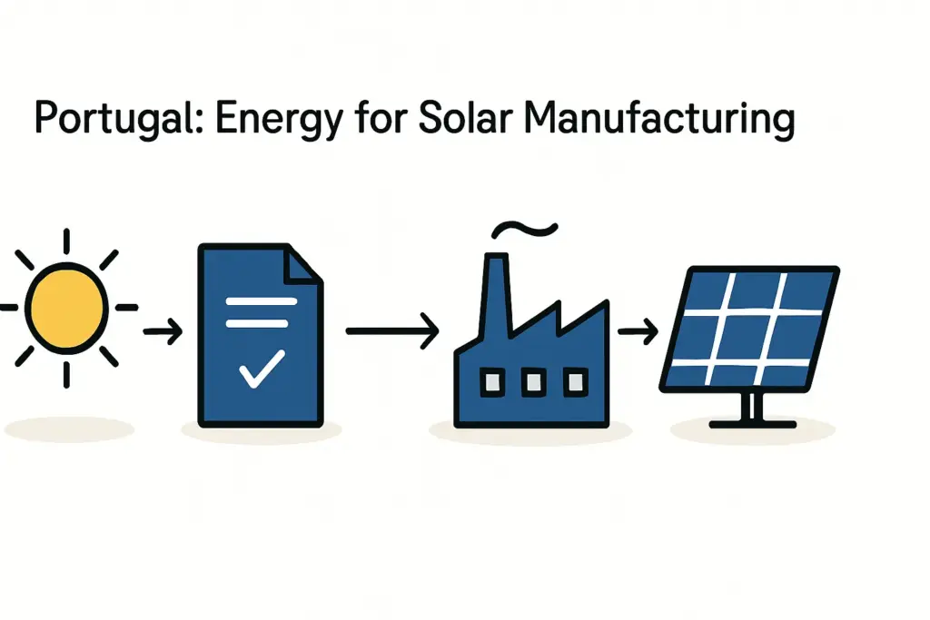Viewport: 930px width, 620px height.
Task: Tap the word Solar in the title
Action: [460, 118]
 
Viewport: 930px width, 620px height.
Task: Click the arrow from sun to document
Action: [163, 333]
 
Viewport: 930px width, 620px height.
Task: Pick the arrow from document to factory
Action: [391, 332]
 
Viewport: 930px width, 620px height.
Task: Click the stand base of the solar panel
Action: [751, 423]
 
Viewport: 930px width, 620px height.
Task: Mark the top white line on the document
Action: [261, 301]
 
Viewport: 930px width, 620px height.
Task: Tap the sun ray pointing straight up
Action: [66, 242]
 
